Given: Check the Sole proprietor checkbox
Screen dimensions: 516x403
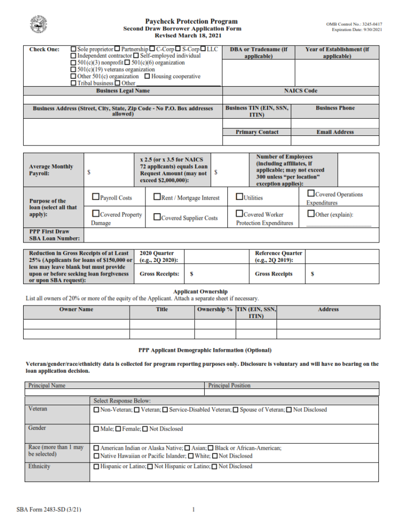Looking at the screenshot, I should (x=73, y=49).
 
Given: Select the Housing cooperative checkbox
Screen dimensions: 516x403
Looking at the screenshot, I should (x=147, y=76).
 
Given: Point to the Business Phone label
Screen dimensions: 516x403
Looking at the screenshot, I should (x=335, y=108).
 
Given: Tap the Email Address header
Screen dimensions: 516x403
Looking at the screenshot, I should (x=335, y=132).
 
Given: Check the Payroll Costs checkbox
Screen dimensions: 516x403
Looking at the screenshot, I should (x=96, y=197).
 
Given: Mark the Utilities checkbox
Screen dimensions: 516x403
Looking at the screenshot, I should (x=240, y=197).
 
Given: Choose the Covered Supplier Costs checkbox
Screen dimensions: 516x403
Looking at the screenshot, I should (x=157, y=217).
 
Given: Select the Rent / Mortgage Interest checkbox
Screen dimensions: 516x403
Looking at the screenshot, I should (x=157, y=197).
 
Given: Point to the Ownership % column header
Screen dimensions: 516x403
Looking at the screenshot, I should (x=215, y=309).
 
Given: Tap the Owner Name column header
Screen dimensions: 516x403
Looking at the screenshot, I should (x=76, y=309).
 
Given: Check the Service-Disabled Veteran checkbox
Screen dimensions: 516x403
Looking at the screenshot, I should (x=165, y=409).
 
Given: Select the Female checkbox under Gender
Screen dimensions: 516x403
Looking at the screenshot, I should (x=118, y=429).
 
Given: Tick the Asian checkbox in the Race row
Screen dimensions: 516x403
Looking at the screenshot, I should (x=187, y=448).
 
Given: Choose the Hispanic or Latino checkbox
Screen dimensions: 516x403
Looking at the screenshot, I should (x=96, y=467).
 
